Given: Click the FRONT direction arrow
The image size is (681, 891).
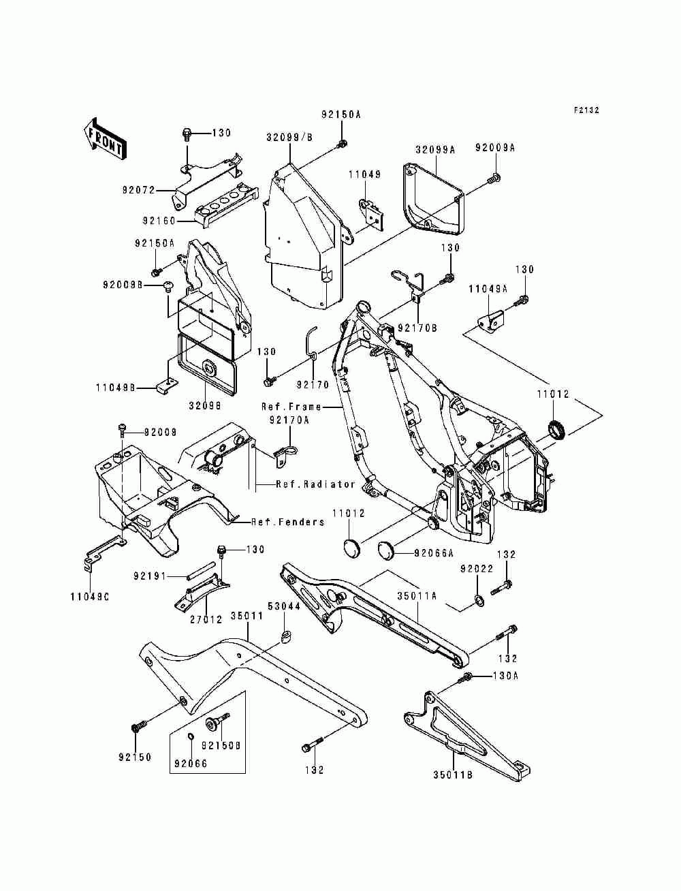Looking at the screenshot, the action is (105, 139).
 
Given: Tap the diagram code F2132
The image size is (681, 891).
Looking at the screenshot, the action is (586, 110).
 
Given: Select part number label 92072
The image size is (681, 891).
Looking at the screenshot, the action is (139, 189).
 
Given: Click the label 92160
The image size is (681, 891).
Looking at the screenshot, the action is (159, 221).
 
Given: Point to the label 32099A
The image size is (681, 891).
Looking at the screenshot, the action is (435, 150).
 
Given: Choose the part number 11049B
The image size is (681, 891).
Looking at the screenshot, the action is (116, 388).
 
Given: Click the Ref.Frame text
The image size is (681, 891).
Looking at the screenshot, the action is (291, 406).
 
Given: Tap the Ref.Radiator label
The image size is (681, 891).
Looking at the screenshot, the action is (315, 484).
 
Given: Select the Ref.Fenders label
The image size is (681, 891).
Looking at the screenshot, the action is (288, 522).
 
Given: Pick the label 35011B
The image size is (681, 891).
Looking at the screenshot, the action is (452, 775).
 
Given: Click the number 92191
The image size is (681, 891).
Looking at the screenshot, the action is (150, 576).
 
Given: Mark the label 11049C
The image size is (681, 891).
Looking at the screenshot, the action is (89, 597).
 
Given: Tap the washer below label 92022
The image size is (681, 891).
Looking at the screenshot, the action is (478, 600).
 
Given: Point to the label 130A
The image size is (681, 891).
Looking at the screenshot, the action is (506, 676).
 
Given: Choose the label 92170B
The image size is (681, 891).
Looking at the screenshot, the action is (417, 328).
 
